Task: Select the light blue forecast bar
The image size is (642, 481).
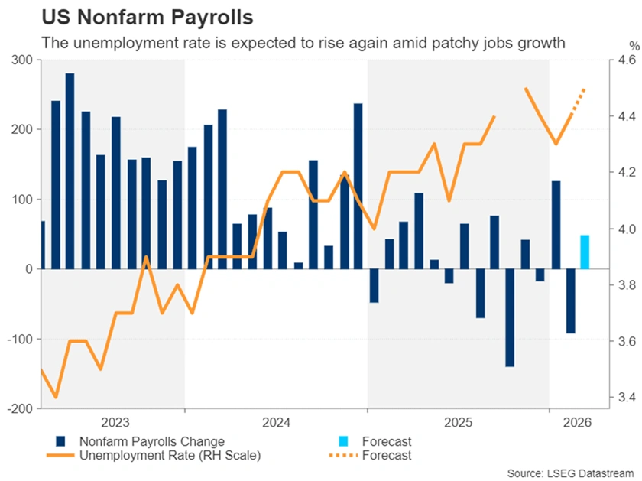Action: point(585,252)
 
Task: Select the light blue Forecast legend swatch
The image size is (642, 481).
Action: point(345,441)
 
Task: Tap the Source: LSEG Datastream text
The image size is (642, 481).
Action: point(570,472)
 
